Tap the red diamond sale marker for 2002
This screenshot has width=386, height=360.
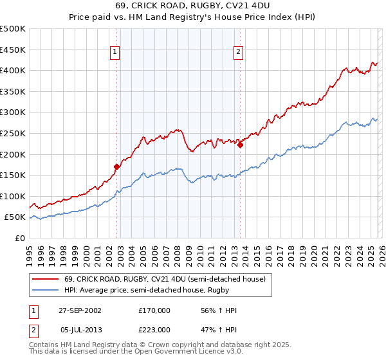tap(117, 166)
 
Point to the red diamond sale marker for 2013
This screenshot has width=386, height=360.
tap(240, 145)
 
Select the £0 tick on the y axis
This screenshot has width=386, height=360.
tap(21, 238)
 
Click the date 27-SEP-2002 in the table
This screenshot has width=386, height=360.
tap(80, 310)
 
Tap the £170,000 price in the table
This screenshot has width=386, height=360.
tap(154, 310)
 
